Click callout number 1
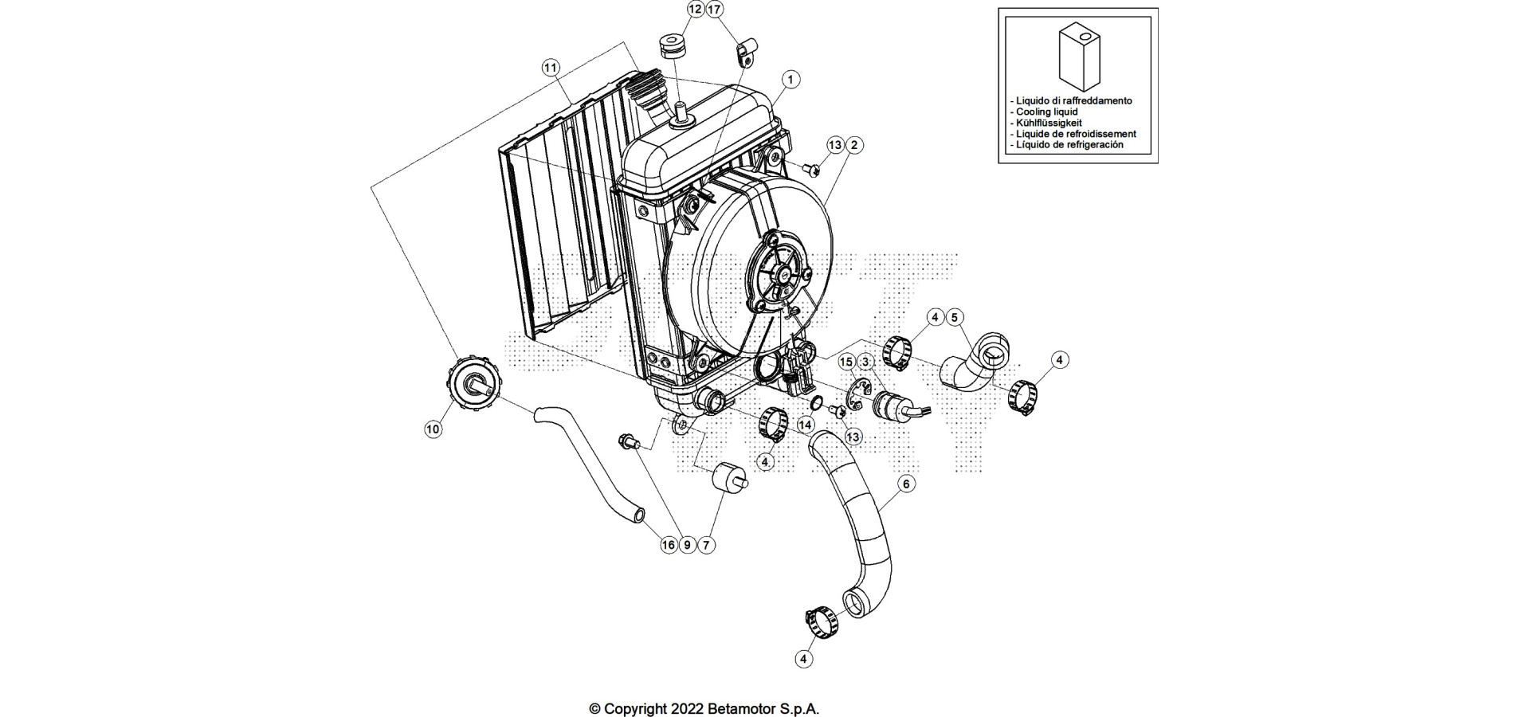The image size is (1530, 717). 790,80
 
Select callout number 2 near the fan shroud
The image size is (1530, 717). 854,145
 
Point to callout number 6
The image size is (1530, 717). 905,484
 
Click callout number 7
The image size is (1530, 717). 706,545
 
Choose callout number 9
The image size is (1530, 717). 687,545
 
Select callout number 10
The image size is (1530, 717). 433,429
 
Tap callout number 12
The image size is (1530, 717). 696,10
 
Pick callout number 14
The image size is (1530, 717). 806,425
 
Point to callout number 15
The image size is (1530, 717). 846,362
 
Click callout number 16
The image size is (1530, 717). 668,545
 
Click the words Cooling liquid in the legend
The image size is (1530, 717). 1046,112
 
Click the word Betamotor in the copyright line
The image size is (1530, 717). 740,708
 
